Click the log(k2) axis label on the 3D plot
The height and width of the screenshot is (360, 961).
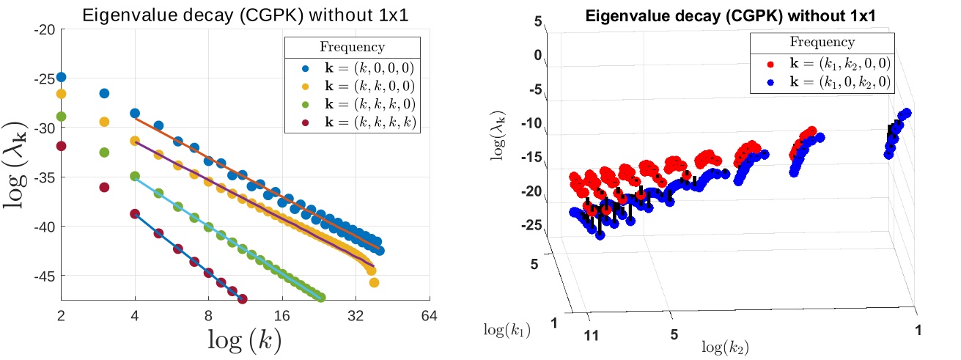(x=726, y=345)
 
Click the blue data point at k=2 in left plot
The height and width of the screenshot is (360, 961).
(x=62, y=77)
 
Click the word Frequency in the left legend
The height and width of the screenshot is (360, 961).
(x=352, y=48)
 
